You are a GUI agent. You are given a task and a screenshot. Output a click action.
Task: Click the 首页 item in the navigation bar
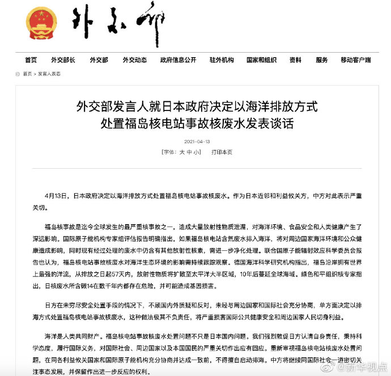[31, 60]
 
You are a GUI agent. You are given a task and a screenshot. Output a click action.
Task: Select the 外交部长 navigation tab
[63, 60]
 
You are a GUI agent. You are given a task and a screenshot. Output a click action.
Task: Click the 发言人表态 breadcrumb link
[49, 74]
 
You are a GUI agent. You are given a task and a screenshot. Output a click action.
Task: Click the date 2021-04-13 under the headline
[197, 141]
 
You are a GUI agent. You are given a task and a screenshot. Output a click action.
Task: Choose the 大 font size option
[182, 152]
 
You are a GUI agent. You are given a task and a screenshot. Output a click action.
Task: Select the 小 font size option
[198, 152]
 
